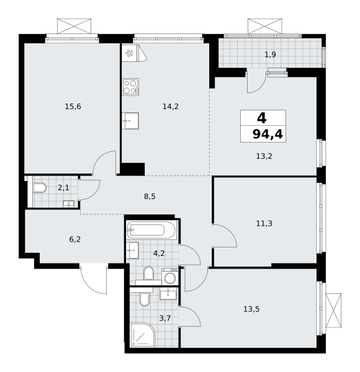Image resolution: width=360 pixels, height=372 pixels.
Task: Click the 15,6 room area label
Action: coord(73,107)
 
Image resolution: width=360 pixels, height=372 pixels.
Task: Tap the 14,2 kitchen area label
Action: coord(171,107)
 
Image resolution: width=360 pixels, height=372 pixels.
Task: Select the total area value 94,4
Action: coord(268,135)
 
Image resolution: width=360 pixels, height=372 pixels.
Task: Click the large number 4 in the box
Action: coord(262,118)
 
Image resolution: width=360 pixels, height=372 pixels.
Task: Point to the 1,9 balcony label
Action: coord(270,55)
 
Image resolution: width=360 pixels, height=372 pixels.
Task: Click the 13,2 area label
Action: coord(264,156)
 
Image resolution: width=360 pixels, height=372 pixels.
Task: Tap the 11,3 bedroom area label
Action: coord(264,223)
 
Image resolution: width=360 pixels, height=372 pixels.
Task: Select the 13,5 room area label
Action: coord(251,309)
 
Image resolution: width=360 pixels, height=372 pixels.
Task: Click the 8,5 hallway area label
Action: coord(150,197)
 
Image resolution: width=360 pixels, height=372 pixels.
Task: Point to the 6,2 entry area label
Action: coord(75,239)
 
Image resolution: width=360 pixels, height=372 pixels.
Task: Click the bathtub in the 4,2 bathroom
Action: coord(151,230)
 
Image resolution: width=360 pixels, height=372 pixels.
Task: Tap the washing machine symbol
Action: coord(170,277)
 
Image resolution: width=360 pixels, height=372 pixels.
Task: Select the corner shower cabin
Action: coord(143,335)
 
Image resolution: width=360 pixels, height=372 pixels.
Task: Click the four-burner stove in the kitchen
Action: coord(130,87)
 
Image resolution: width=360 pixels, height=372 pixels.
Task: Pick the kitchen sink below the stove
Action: coord(130,121)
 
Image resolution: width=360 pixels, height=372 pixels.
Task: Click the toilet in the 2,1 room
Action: coord(40,188)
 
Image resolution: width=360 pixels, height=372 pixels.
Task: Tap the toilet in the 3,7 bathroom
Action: coord(144,299)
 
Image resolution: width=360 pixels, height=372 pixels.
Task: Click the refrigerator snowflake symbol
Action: coord(129,53)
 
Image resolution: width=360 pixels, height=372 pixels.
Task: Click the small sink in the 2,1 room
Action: coord(69,204)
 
